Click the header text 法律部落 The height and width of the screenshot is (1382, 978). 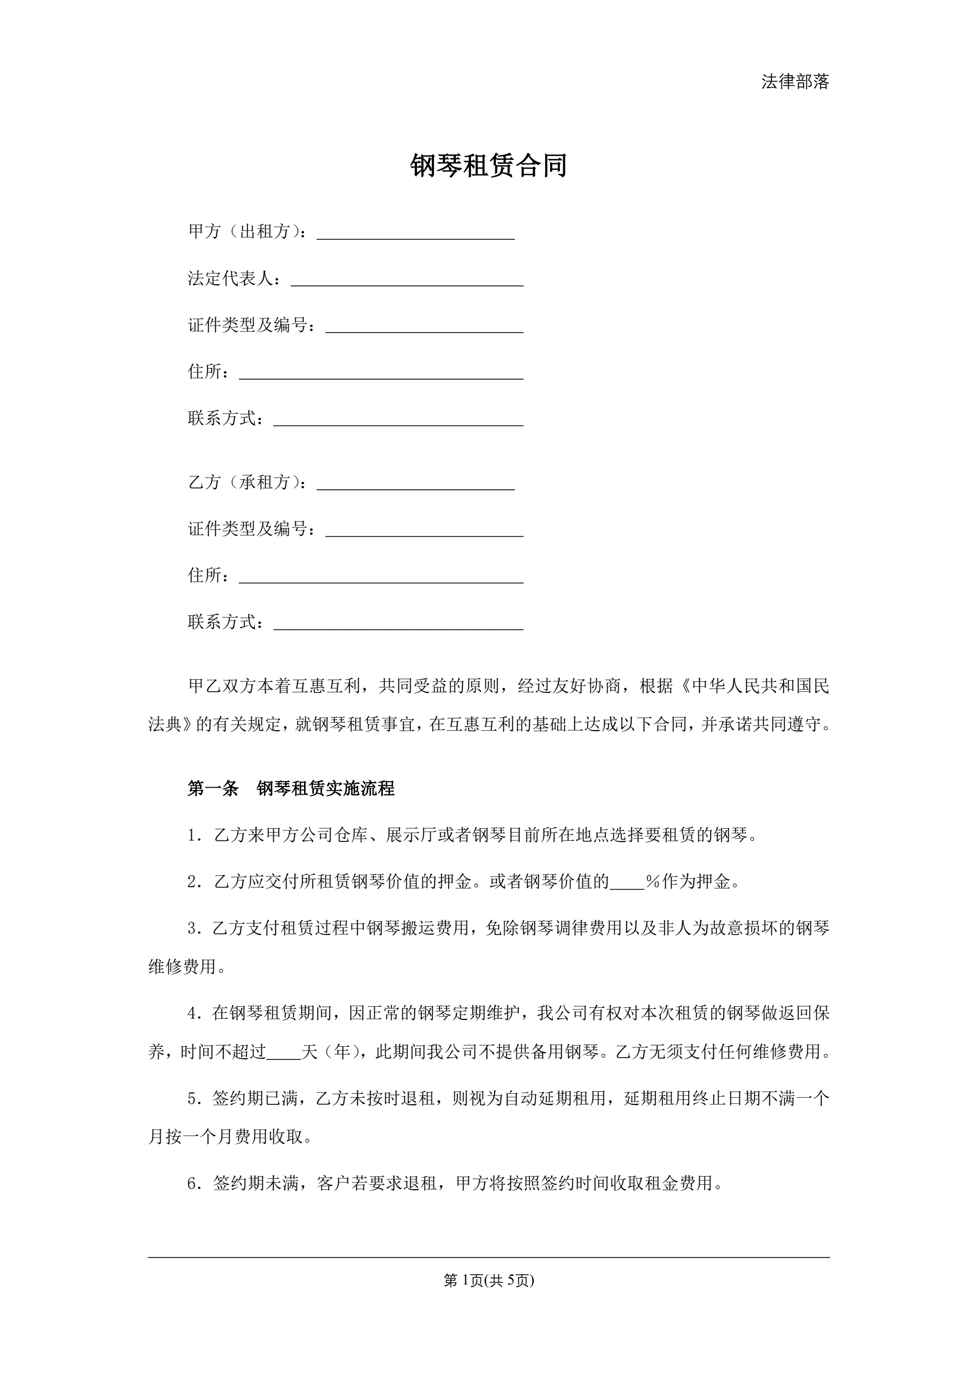point(795,82)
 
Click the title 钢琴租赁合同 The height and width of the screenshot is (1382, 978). point(488,165)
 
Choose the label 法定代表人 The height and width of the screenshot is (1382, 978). point(230,279)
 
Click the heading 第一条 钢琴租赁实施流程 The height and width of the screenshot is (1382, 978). point(291,789)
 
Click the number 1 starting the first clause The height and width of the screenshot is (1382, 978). point(193,835)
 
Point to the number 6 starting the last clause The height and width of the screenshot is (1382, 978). point(193,1184)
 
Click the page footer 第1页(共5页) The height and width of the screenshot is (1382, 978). point(488,1281)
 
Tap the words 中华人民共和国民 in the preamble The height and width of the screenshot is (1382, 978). point(760,686)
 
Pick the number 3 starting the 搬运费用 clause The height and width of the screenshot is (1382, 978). point(193,929)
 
